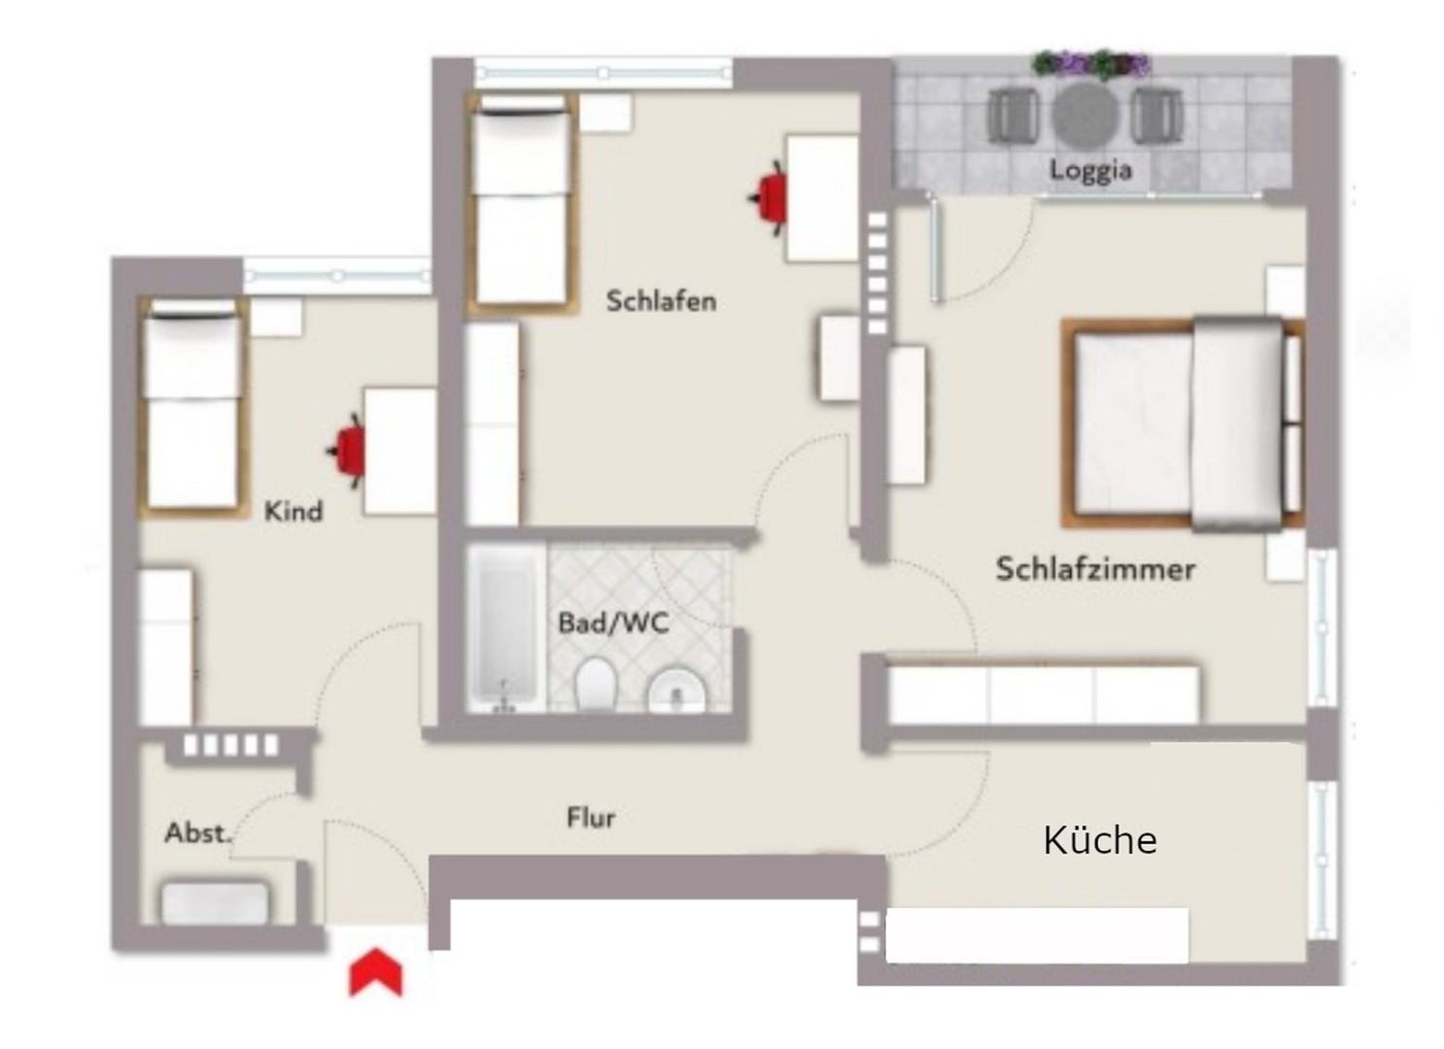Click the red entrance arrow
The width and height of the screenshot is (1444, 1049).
coord(375,973)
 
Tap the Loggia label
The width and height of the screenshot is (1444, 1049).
coord(1090,171)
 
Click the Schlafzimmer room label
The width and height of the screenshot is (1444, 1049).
coord(1095,568)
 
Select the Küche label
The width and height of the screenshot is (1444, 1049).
coord(1100,840)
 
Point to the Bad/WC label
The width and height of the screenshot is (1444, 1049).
coord(613,623)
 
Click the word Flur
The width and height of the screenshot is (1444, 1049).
coord(591,818)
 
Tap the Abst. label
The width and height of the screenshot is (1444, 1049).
coord(197,832)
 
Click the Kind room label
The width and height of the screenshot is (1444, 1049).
coord(293,511)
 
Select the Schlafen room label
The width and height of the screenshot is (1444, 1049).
coord(661,301)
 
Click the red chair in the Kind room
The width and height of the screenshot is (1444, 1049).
coord(348,450)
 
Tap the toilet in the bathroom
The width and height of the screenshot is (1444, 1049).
coord(596,684)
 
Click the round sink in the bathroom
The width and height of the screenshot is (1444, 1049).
coord(676,690)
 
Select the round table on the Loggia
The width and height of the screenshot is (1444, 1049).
coord(1085,114)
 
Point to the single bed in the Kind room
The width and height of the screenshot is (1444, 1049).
coord(192,405)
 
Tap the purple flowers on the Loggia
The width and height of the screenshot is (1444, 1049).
coord(1091,65)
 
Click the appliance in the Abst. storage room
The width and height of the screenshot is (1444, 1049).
coord(215,902)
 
